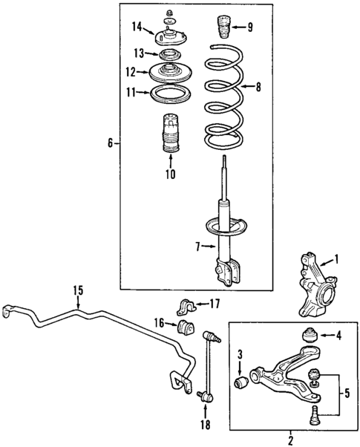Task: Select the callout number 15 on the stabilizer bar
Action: point(78,290)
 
